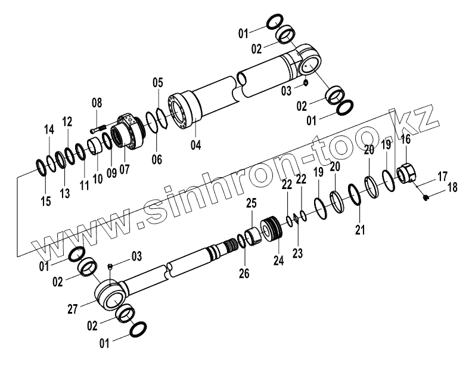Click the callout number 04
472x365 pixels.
coord(195,144)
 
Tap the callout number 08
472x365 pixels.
coord(97,104)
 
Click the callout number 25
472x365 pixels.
coord(250,204)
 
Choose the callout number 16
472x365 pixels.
coord(405,140)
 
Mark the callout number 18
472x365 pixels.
coord(453,187)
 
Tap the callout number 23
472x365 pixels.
coord(297,253)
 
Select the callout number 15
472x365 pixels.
coord(46,201)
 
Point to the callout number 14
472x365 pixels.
coord(49,129)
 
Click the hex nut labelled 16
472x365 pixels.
coord(405,173)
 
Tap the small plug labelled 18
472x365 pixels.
coord(426,198)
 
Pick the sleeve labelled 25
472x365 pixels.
coord(254,234)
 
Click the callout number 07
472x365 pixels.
coord(124,169)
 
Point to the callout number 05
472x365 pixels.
coord(157,82)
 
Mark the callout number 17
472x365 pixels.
coord(442,177)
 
